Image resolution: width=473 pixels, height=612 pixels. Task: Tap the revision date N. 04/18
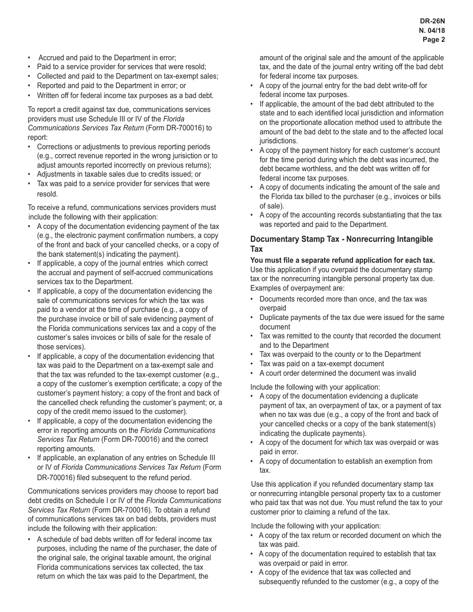[432, 30]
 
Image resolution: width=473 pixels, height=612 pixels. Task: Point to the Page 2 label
[434, 39]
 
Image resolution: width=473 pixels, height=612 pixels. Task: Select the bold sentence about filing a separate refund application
[343, 260]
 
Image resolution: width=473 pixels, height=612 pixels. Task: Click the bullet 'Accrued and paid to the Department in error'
[107, 58]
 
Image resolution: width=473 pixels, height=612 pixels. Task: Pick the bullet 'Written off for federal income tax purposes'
[125, 95]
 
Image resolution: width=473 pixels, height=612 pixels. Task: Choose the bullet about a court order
[338, 373]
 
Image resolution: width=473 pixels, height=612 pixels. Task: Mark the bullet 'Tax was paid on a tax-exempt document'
[322, 364]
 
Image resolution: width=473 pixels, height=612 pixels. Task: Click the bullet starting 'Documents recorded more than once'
[343, 299]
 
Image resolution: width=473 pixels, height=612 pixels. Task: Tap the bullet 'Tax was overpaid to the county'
[340, 354]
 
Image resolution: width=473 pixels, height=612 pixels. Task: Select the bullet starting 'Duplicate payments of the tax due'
[352, 317]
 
